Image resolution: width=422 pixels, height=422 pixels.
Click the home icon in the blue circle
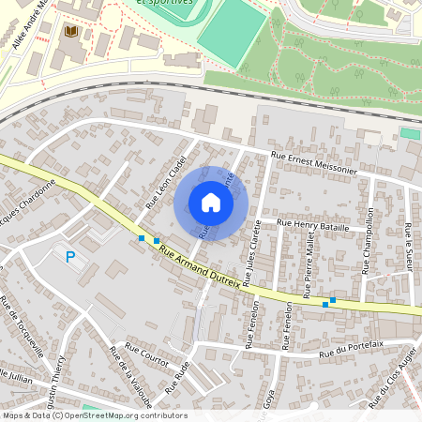tap(211, 203)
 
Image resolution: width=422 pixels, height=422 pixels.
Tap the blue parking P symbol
tap(69, 256)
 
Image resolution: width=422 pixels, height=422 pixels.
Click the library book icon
tap(70, 32)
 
